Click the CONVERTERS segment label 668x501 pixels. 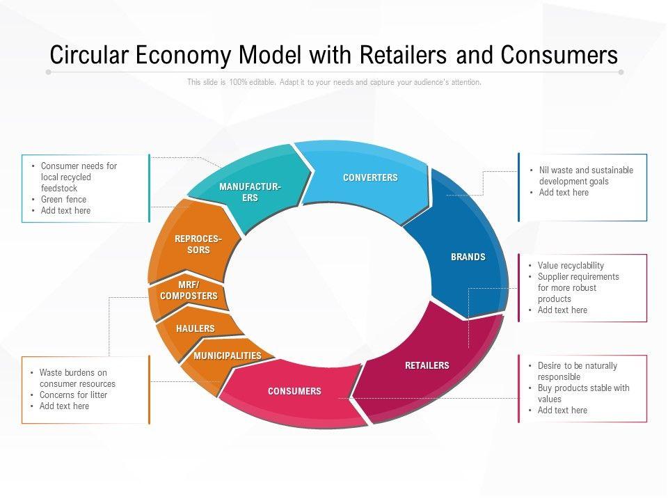click(370, 177)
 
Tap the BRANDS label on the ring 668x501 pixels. click(468, 257)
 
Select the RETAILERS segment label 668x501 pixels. click(427, 365)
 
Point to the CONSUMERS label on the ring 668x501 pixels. click(294, 391)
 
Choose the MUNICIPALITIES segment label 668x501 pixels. click(228, 356)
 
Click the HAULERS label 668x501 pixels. click(196, 328)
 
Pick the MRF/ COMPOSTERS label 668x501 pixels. click(189, 291)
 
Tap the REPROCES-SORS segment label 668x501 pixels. click(198, 244)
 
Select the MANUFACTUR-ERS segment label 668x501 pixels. click(250, 192)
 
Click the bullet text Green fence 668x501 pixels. click(63, 199)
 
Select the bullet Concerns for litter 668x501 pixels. click(73, 395)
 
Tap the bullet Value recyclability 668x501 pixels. click(571, 265)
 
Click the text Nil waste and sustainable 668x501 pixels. click(586, 170)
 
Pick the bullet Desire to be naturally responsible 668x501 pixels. click(577, 371)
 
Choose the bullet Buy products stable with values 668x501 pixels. click(583, 393)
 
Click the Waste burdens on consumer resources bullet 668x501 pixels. click(77, 378)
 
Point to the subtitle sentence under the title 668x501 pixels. click(334, 82)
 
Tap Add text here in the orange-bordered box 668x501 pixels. click(64, 406)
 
